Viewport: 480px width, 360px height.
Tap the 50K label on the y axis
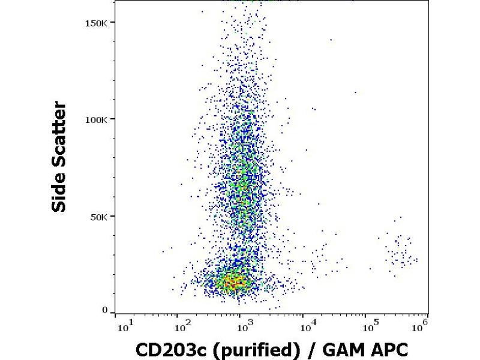100,216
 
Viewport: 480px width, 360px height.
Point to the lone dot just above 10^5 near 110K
355,92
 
